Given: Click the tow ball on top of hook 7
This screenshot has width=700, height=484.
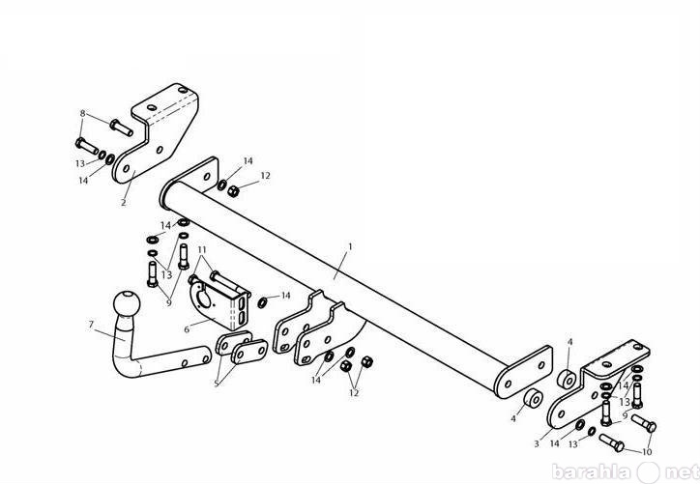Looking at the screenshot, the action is [x=127, y=304].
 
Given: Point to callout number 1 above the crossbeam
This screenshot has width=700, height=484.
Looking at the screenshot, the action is [x=350, y=246].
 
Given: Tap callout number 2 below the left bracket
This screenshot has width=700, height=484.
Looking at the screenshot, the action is [x=124, y=203].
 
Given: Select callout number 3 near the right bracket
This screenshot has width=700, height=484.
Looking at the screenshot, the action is [x=537, y=443].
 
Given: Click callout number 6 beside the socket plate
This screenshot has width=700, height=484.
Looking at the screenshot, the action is [x=187, y=329].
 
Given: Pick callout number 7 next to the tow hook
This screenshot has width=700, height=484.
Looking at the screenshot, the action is [x=92, y=325].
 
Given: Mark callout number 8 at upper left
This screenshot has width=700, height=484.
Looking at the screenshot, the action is [x=82, y=113].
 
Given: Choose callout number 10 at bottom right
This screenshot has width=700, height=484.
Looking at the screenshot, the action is [x=647, y=452].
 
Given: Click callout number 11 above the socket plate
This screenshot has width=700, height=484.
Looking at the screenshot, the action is [x=202, y=250].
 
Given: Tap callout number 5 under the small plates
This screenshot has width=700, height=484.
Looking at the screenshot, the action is [x=217, y=384].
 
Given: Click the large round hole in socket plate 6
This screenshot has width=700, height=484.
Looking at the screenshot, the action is [x=204, y=299].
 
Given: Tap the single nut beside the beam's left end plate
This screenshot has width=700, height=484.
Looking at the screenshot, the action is [x=233, y=191].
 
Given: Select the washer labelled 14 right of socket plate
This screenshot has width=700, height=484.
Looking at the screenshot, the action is [x=263, y=302].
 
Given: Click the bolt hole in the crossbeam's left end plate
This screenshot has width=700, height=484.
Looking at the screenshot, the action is [x=207, y=177].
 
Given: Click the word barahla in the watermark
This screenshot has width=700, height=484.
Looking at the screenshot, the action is [x=592, y=471].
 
